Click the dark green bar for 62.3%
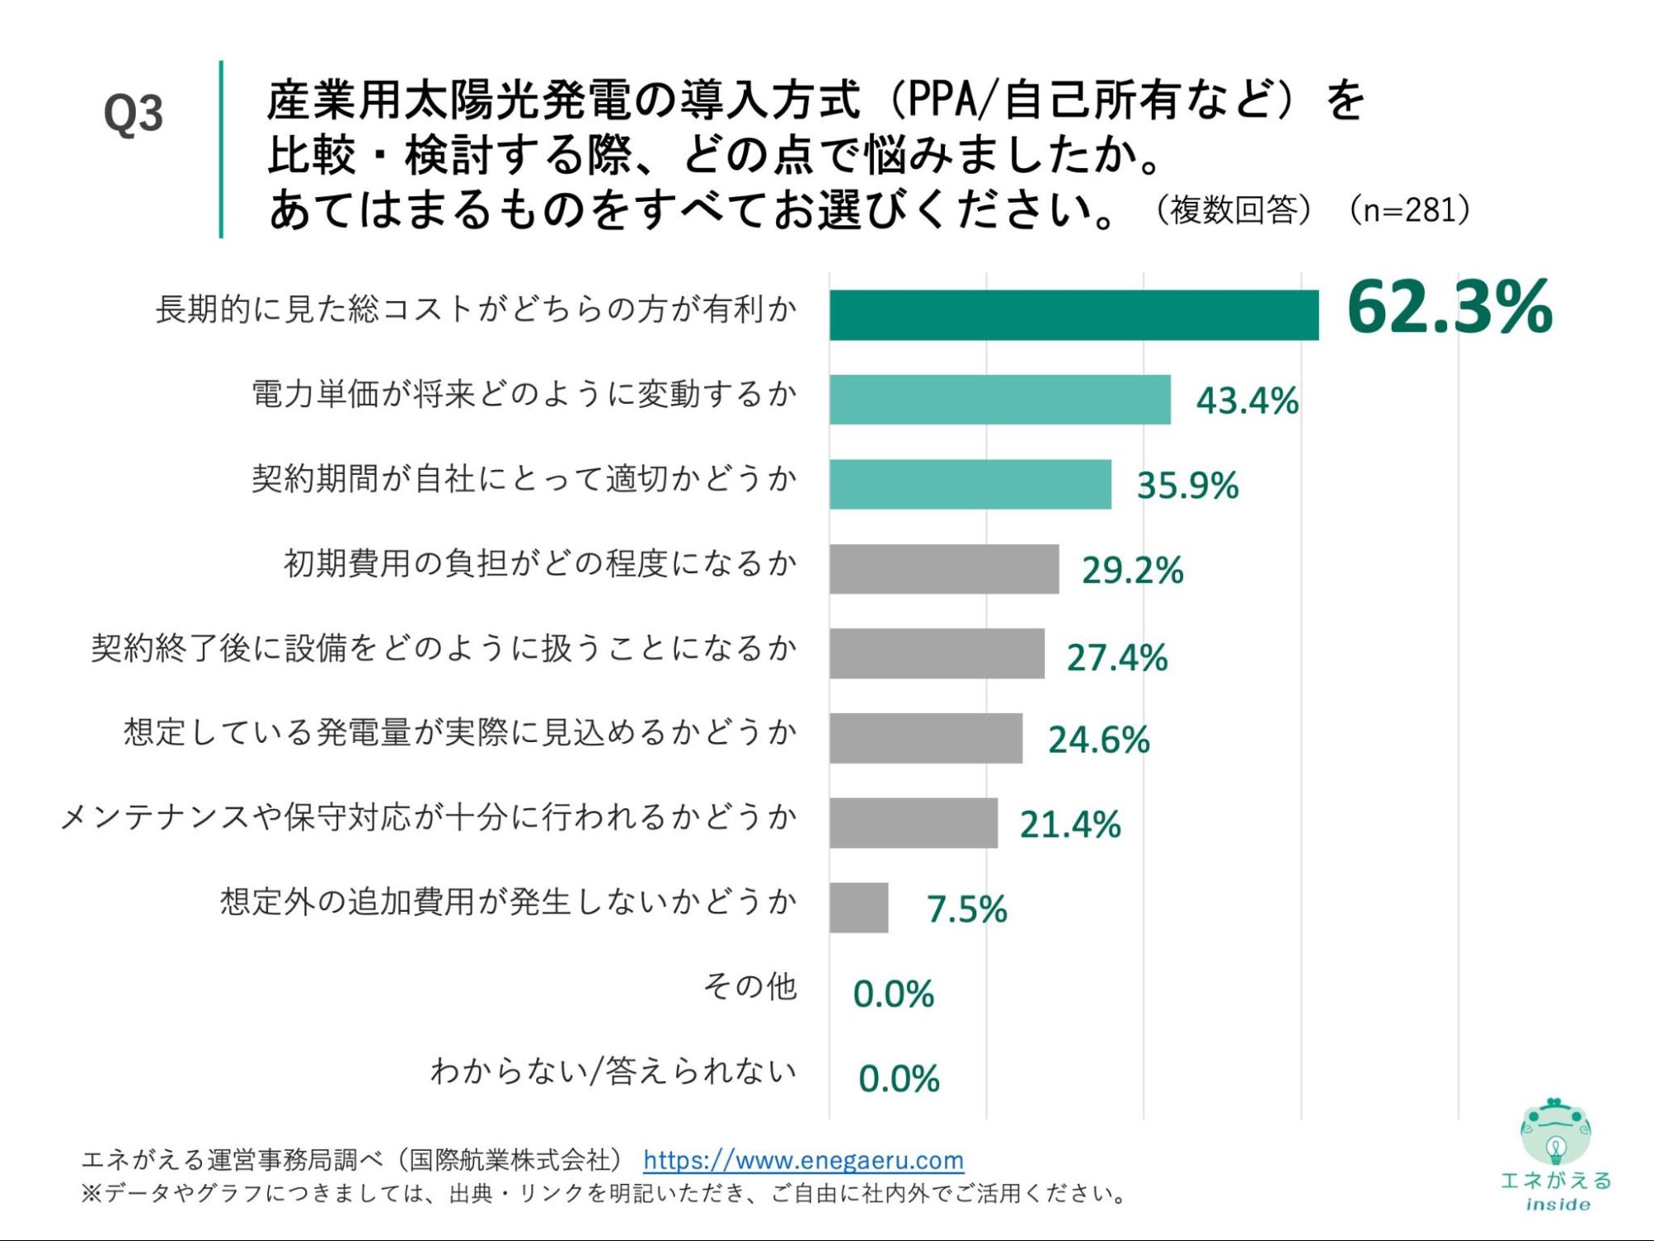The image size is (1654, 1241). tap(1073, 315)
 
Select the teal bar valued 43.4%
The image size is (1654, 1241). tap(1000, 400)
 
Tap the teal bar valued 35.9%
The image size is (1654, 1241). tap(970, 484)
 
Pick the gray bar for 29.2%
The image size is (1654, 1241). tap(943, 569)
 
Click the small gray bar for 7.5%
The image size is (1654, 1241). tap(858, 908)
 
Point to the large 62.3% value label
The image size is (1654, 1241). tap(1449, 308)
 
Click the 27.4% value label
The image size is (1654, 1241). tap(1116, 658)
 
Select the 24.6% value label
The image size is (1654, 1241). tap(1098, 740)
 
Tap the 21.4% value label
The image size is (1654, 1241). tap(1070, 825)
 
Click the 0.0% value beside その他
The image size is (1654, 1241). tap(893, 994)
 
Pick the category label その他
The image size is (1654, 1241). tap(750, 986)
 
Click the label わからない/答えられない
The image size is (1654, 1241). tap(613, 1071)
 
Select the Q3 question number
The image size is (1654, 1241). tap(133, 113)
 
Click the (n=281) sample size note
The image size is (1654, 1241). tap(1410, 210)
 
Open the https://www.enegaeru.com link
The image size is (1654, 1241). tap(803, 1160)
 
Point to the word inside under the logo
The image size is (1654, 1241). tap(1557, 1205)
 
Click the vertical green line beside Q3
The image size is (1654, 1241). tap(221, 149)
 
